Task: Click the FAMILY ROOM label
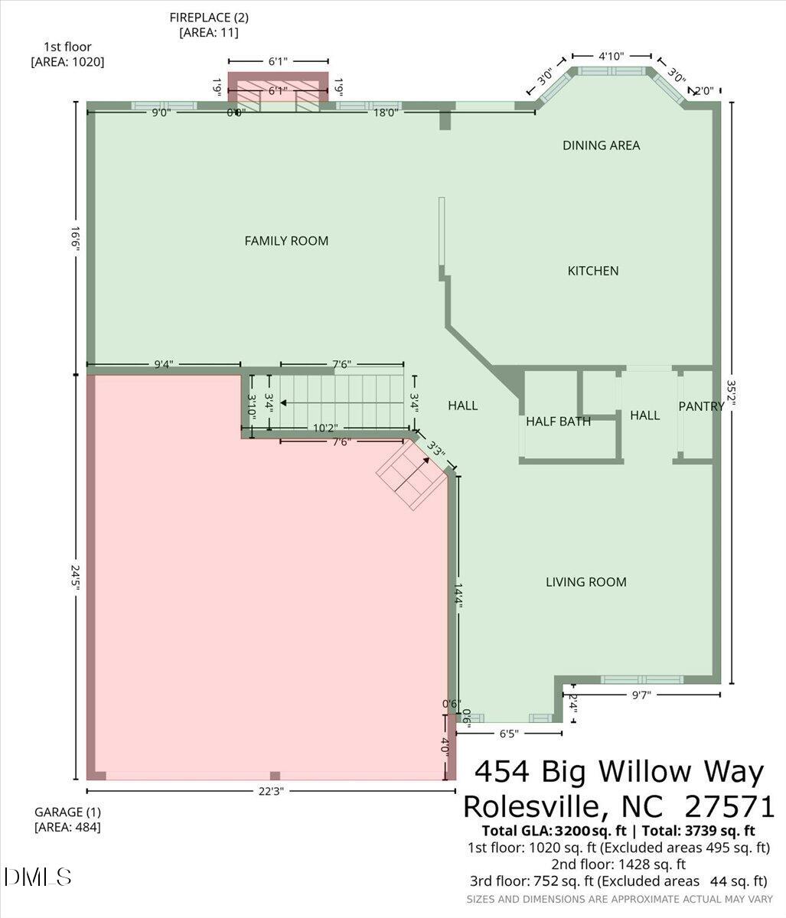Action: click(x=286, y=241)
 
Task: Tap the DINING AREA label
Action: click(x=601, y=145)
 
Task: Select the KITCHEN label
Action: click(x=592, y=271)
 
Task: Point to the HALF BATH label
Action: click(x=558, y=422)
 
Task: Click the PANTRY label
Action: click(x=701, y=406)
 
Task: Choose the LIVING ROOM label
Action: click(x=585, y=582)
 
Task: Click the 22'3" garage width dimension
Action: click(x=266, y=792)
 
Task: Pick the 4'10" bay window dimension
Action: click(x=611, y=56)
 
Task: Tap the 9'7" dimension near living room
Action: click(x=642, y=695)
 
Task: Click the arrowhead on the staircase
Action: click(x=283, y=402)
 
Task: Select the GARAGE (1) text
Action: click(x=67, y=812)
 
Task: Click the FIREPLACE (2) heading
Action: click(x=208, y=17)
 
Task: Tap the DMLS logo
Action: click(x=38, y=877)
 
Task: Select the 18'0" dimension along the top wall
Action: click(x=385, y=112)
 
